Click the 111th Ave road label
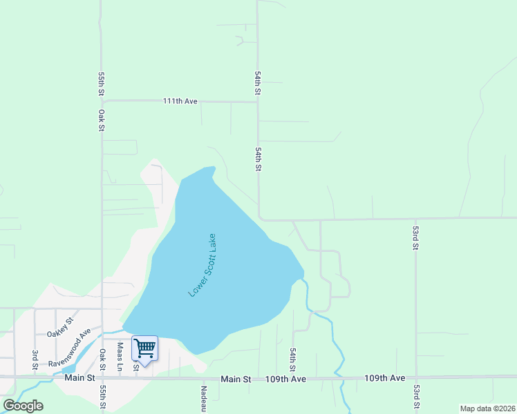tap(180, 101)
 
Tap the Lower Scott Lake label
tap(203, 265)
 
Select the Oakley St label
tap(59, 328)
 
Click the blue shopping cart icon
tap(144, 348)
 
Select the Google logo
tap(23, 406)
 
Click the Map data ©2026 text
tap(487, 408)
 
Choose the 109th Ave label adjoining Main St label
tap(287, 379)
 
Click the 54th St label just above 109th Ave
tap(292, 359)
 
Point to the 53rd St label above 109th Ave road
tap(416, 237)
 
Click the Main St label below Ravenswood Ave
tap(79, 377)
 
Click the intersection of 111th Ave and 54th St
tap(258, 102)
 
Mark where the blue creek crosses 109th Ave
tap(339, 377)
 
